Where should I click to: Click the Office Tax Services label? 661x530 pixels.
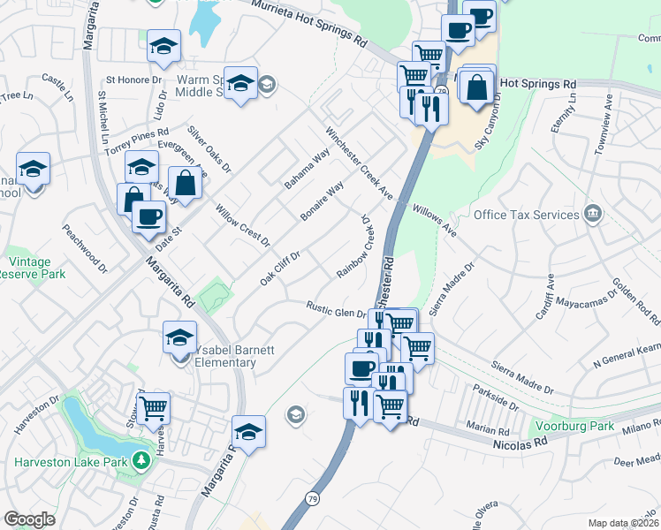coord(526,215)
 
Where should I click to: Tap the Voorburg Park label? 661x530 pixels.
coord(578,426)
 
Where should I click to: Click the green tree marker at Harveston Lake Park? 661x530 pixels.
coord(139,460)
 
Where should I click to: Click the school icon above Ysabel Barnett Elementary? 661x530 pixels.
coord(179,337)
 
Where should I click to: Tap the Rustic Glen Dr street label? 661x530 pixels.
coord(336,309)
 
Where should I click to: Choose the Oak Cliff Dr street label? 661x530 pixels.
coord(281,267)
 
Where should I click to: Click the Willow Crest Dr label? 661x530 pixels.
coord(242,224)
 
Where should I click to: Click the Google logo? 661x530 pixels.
coord(29,519)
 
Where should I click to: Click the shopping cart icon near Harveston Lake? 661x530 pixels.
coord(154,409)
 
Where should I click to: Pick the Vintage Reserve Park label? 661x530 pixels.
coord(35,269)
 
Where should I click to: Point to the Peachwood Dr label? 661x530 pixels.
coord(84,246)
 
